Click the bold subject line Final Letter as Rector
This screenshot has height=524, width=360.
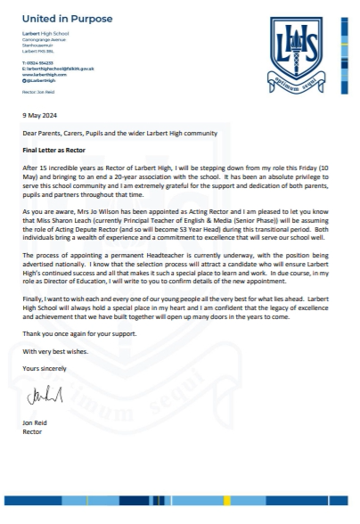[58, 152]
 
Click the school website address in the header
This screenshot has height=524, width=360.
[48, 74]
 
